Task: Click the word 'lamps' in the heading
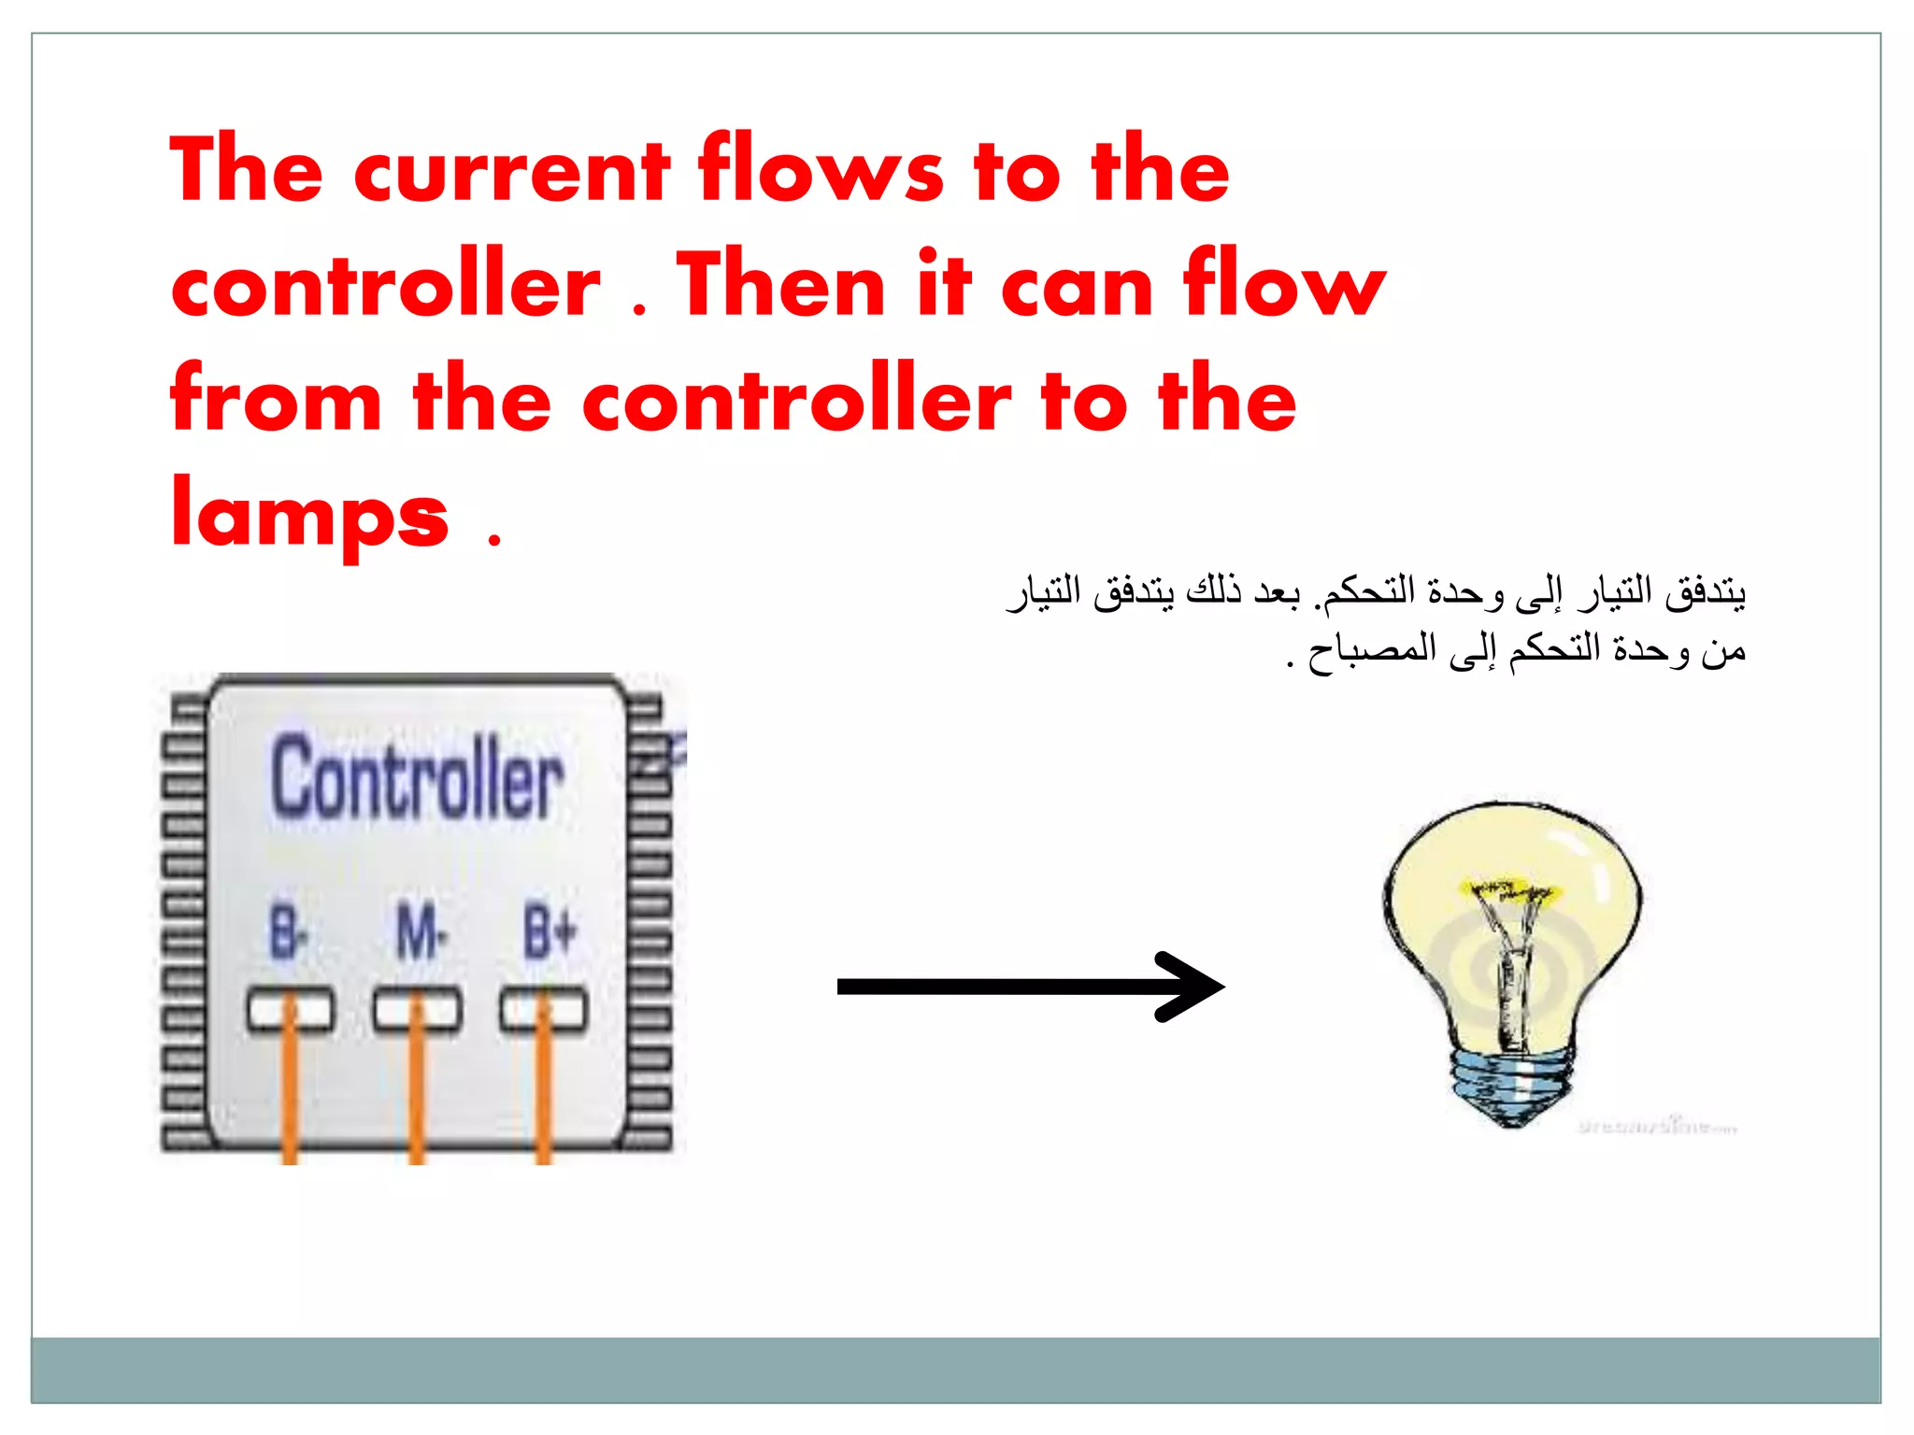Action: pos(309,515)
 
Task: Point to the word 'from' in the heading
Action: pos(276,400)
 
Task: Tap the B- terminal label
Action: pos(288,931)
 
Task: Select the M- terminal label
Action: pos(420,931)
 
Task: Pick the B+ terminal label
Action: pos(550,931)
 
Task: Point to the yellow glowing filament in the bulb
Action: pos(1507,889)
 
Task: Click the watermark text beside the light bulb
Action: pos(1657,1127)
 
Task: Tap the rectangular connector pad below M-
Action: pos(417,1010)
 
